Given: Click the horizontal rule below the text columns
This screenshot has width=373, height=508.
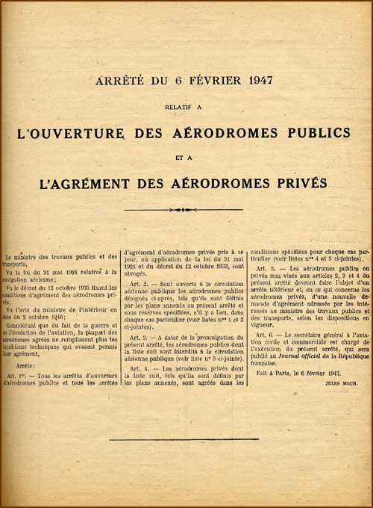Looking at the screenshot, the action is click(186, 439).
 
